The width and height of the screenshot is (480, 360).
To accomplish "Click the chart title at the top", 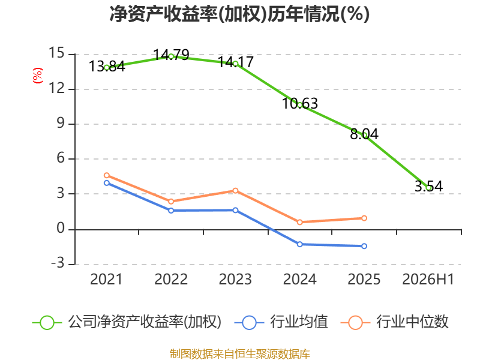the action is [x=239, y=14].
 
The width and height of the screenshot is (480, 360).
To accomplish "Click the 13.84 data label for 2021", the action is [x=107, y=67].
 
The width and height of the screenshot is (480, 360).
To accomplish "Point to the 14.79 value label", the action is [x=171, y=55].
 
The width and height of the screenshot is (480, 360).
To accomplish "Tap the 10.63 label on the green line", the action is [x=300, y=103].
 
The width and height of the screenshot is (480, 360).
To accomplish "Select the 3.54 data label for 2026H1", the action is [x=428, y=186].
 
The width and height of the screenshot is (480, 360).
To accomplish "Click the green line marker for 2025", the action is [x=364, y=135].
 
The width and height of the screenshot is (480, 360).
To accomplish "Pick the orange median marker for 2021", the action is [x=107, y=175].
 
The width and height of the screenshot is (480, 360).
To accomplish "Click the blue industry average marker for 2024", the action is [x=299, y=244].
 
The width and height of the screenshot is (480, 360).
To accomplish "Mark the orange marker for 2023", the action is [x=235, y=191].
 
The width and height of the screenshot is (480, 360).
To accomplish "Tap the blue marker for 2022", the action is [x=171, y=211].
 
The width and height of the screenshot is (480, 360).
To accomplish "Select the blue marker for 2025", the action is [x=364, y=246].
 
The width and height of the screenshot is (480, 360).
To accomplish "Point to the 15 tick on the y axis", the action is [x=56, y=53].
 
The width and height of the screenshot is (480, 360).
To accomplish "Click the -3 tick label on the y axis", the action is [x=58, y=263].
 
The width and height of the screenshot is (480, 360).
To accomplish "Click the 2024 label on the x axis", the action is [x=299, y=279].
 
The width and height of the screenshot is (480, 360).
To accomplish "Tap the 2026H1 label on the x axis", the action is [x=428, y=279].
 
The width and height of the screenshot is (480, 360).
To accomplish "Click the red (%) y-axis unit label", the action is [x=38, y=76].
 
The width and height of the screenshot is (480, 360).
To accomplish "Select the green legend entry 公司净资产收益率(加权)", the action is [x=127, y=322].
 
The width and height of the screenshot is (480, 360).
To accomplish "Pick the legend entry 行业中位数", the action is [x=395, y=322].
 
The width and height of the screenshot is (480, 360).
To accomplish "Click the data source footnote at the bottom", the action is [x=240, y=354].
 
